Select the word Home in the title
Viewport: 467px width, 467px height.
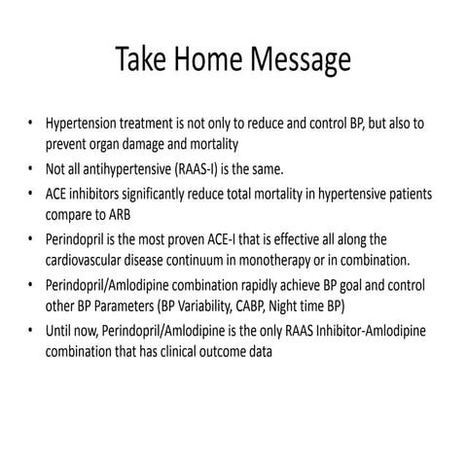pos(209,61)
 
